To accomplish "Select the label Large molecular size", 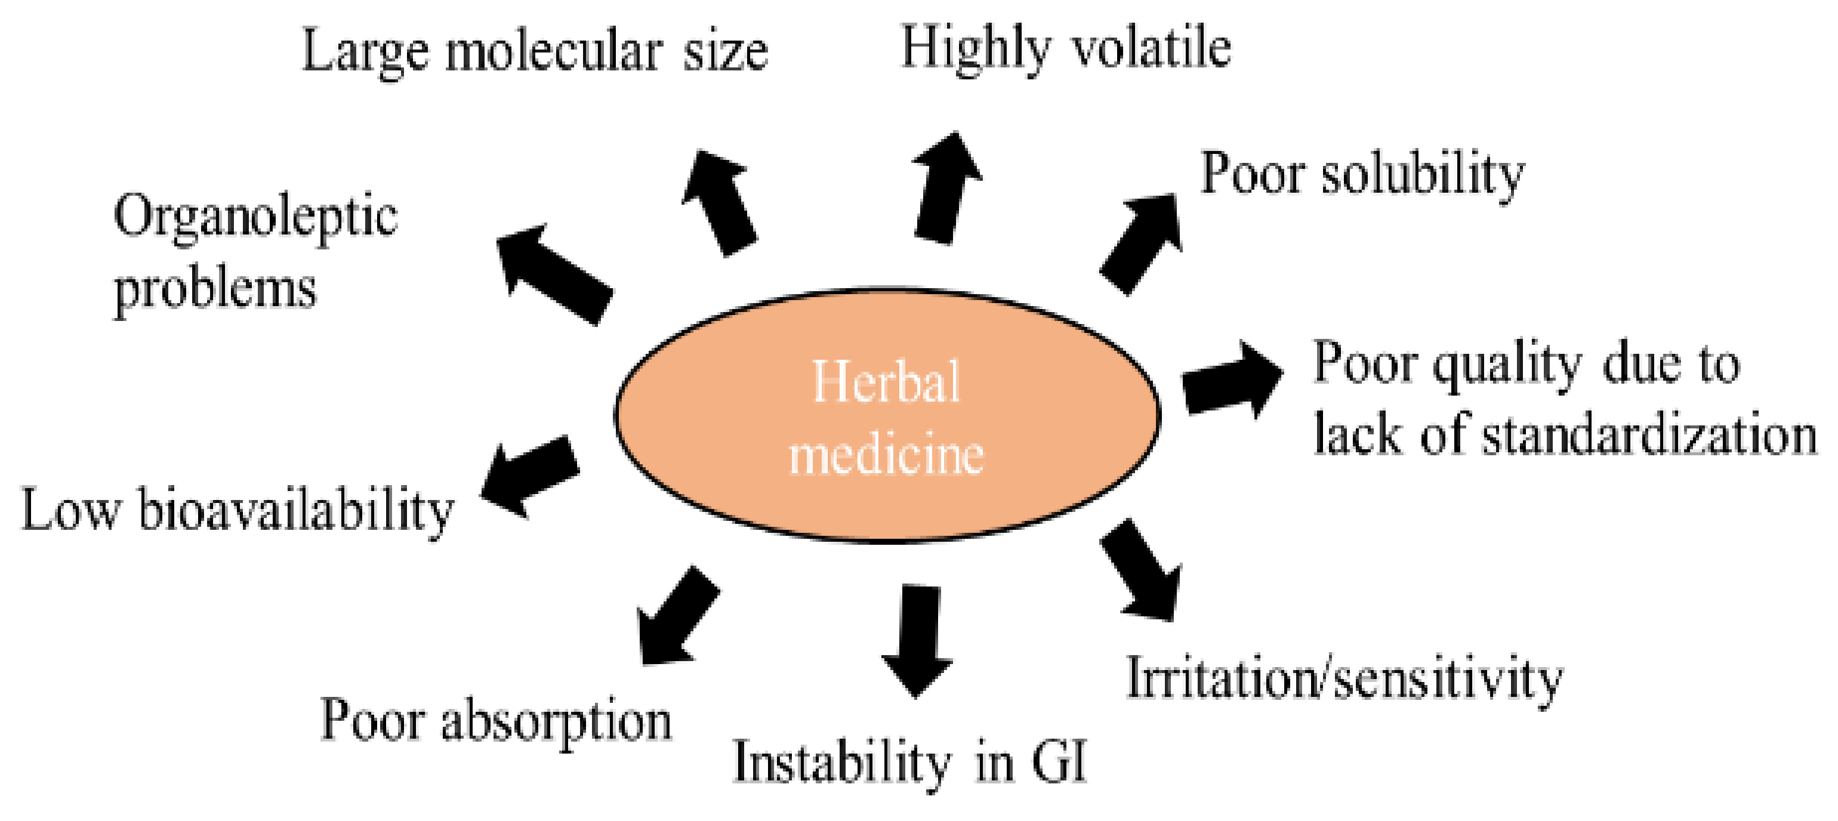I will point(535,51).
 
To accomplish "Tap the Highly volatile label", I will point(1066,48).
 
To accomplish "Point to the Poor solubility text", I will point(1361,174).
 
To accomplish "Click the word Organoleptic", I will point(255,218).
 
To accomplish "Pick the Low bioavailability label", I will point(238,511).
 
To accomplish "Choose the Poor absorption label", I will point(496,720).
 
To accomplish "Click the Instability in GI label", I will point(909,763).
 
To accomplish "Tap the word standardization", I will point(1648,435).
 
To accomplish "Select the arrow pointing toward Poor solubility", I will point(1142,242).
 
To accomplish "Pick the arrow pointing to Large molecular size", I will point(719,203).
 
